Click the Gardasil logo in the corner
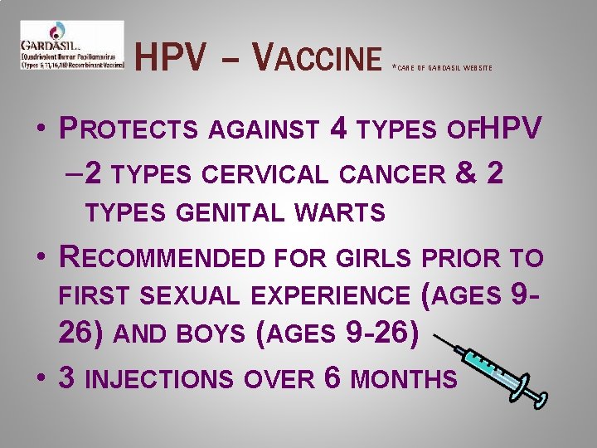coord(71,45)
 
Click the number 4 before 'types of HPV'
coord(337,129)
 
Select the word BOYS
coord(211,335)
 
